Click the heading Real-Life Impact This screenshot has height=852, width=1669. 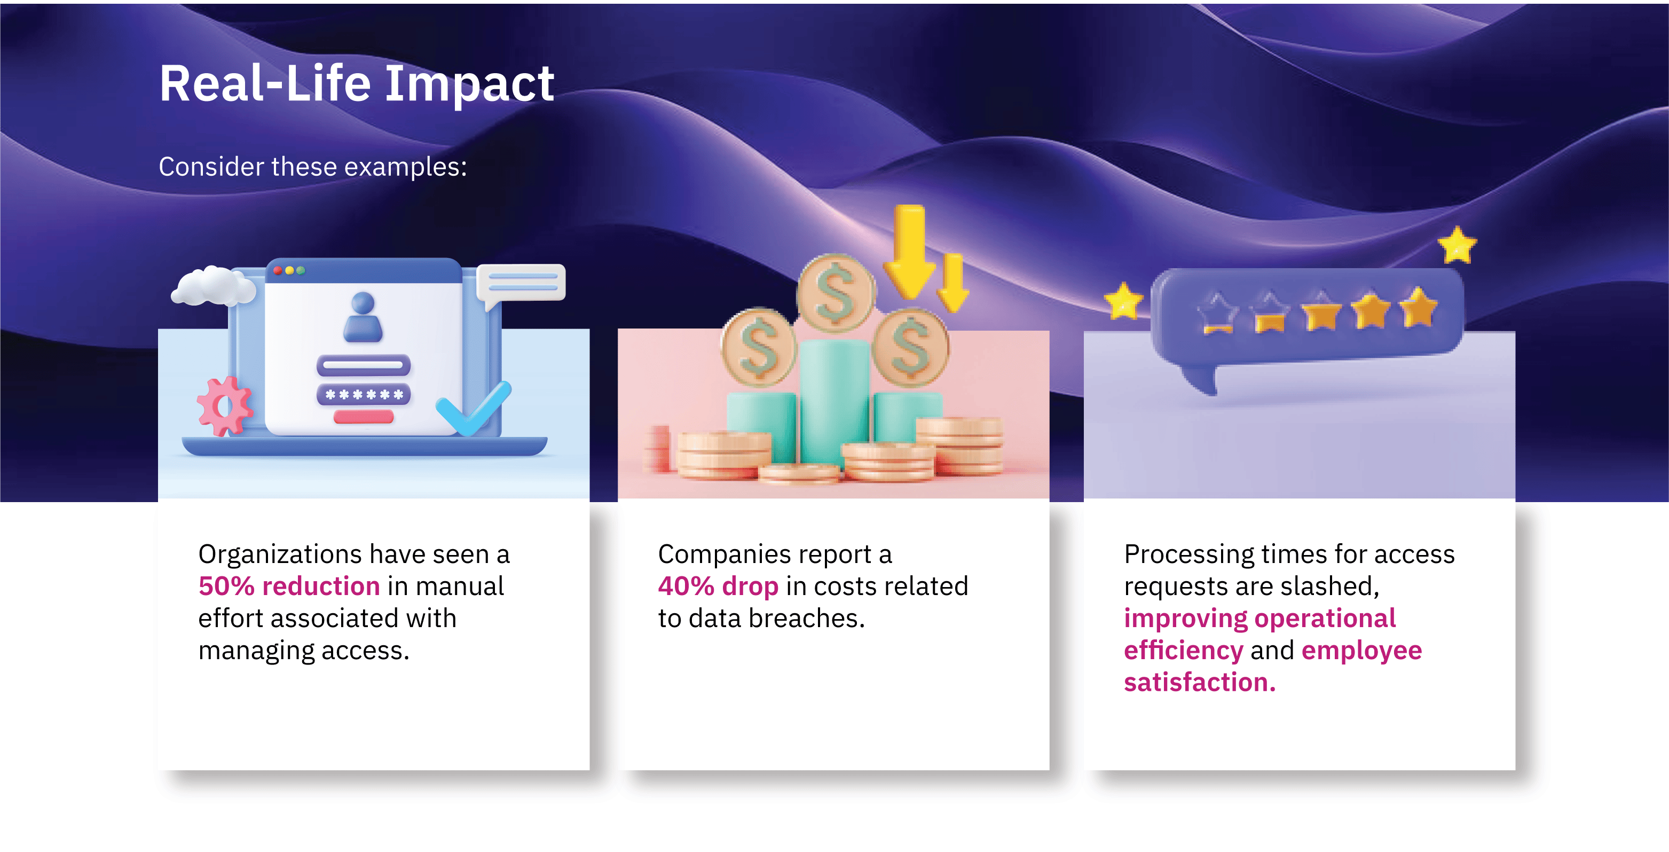click(x=356, y=84)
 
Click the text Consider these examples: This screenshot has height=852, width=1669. click(x=313, y=167)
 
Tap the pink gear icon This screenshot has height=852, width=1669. click(x=224, y=406)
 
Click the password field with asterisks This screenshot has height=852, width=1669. click(x=364, y=394)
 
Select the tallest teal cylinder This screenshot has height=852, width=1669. click(x=835, y=402)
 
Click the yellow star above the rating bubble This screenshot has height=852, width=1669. click(x=1457, y=245)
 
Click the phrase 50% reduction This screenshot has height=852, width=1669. click(x=289, y=586)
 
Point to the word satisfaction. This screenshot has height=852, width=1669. click(x=1199, y=682)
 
